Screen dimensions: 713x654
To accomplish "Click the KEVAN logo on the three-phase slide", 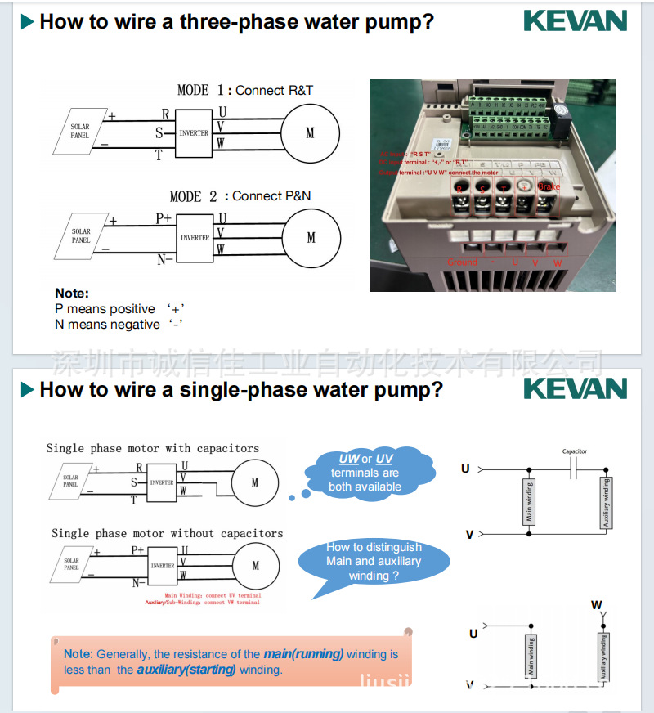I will click(x=575, y=21).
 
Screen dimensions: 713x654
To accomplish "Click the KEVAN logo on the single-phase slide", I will click(x=575, y=388).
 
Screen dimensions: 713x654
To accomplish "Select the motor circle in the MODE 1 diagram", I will click(x=310, y=133).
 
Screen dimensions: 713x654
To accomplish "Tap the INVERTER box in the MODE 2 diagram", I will click(x=195, y=238).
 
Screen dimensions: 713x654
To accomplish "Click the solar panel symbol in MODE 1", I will click(x=79, y=132).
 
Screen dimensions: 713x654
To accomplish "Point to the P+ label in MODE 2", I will click(x=163, y=219).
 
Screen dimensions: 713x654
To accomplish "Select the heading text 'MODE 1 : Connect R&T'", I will click(x=245, y=90).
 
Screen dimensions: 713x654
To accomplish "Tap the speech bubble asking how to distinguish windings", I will click(x=374, y=561).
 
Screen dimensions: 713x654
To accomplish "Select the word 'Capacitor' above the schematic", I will click(x=574, y=451).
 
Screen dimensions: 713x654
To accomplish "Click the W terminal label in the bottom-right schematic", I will click(x=597, y=605).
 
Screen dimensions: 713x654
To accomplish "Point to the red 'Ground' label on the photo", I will click(x=462, y=262).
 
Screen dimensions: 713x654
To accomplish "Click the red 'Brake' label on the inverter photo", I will click(x=549, y=186).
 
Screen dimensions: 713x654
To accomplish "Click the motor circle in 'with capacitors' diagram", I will click(x=255, y=482).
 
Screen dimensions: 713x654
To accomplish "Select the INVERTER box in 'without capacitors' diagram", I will click(x=162, y=565).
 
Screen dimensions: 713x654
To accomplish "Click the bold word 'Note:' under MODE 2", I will click(x=72, y=293).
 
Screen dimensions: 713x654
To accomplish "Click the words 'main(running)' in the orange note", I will click(x=303, y=654).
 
